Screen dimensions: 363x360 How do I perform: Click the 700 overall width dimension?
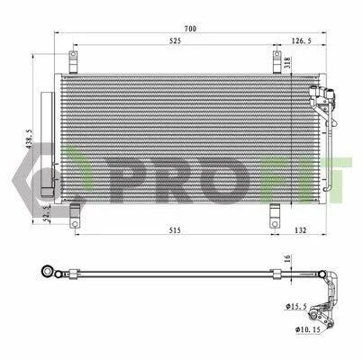tap(190, 29)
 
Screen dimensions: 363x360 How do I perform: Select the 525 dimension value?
tap(175, 40)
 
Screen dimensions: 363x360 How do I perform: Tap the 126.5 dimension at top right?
tap(302, 40)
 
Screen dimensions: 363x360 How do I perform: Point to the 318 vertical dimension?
tap(287, 63)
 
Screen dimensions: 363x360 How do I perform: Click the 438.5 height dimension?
tap(29, 139)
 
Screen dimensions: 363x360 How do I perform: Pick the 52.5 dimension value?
tap(47, 213)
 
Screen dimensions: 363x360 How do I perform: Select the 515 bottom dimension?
tap(175, 230)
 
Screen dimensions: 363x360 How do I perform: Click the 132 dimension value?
tap(301, 230)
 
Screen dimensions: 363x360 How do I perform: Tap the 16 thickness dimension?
tap(287, 259)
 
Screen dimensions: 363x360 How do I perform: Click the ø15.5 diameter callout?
tap(296, 306)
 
